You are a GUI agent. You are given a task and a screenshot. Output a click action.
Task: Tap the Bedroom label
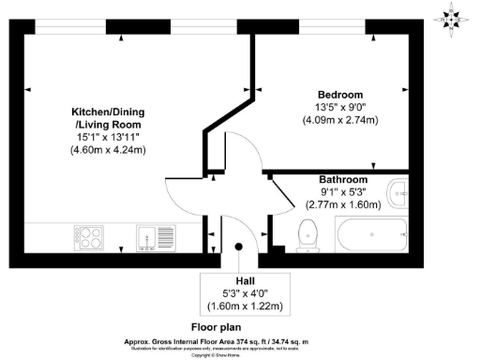coord(339,95)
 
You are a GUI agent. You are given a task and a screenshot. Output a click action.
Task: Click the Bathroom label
coord(342,179)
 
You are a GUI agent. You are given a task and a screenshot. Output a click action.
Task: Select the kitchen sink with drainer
coord(156,237)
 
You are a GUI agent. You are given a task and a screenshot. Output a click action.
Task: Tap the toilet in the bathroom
coord(307,235)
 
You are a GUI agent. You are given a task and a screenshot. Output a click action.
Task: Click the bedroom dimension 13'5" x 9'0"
coord(339,107)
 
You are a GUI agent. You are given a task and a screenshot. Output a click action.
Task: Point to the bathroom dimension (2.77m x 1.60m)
coord(342,203)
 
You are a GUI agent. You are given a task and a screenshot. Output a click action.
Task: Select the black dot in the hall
coord(239,247)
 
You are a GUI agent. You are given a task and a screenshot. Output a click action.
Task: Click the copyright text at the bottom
coord(239,354)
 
